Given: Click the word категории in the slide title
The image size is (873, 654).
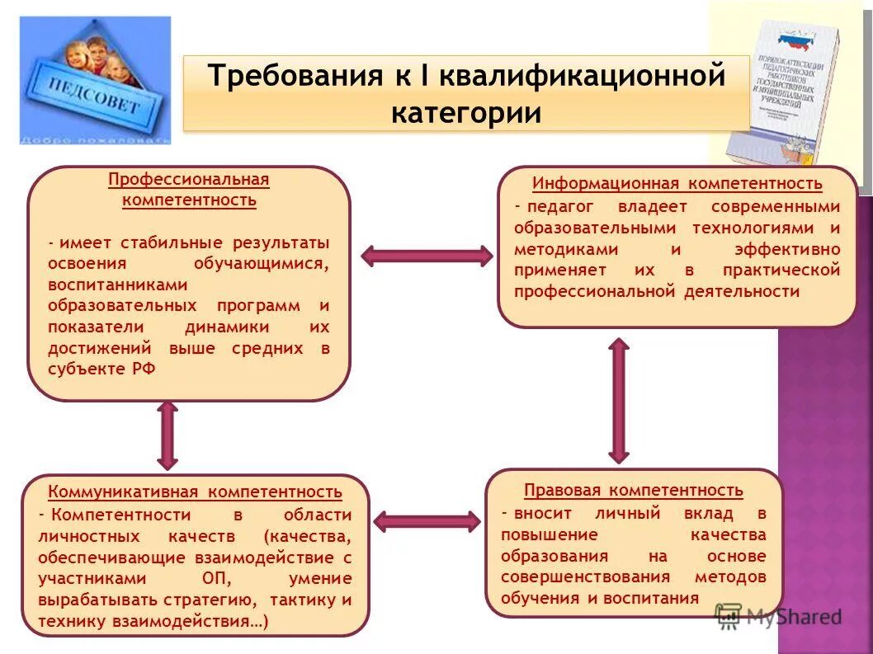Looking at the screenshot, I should click(x=466, y=112).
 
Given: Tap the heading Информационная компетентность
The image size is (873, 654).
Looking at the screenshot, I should click(x=677, y=183).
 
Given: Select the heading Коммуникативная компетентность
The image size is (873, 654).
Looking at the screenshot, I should click(x=195, y=492).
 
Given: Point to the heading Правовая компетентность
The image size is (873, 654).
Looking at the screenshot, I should click(x=633, y=491).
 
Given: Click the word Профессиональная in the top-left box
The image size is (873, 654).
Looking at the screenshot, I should click(x=189, y=180).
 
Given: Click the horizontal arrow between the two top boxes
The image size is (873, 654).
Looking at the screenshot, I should click(x=426, y=256).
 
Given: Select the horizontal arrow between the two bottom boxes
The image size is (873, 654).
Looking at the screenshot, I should click(x=427, y=521).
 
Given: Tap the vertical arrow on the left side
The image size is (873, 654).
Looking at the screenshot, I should click(x=168, y=435).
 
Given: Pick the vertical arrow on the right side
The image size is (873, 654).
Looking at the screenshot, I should click(x=619, y=400).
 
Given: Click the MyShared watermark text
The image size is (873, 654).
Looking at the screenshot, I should click(x=792, y=616).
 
